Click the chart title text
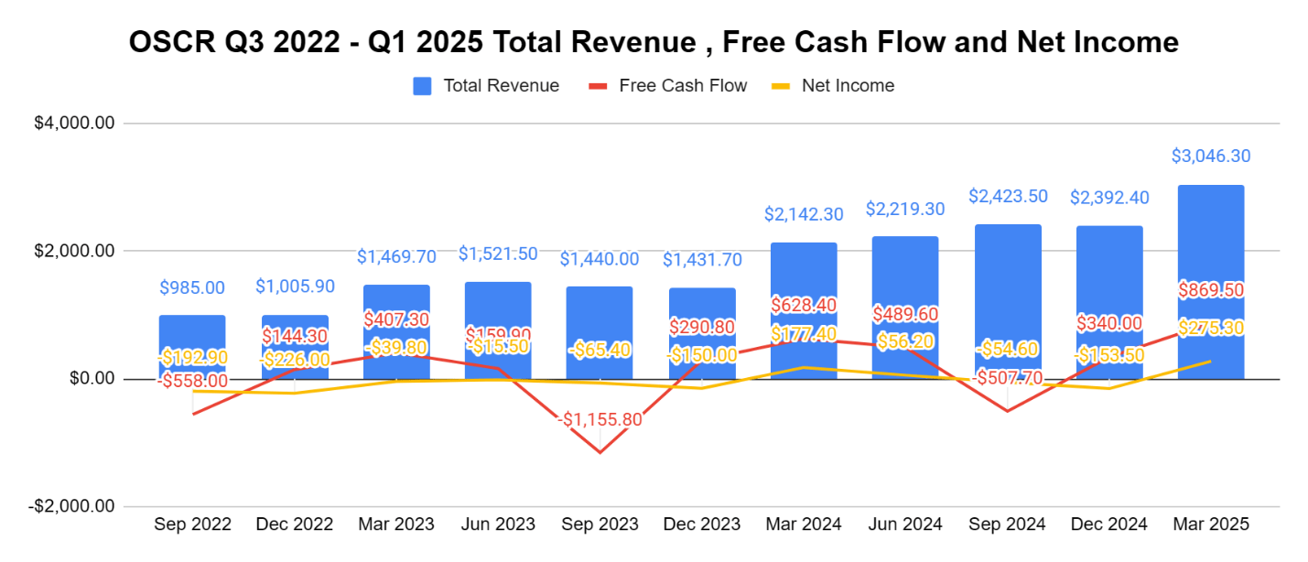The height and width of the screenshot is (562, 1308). tap(654, 42)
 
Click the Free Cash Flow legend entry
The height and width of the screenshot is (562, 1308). tap(682, 86)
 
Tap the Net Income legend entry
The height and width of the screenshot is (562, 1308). tap(847, 86)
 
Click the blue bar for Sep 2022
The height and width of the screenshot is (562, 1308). tap(192, 347)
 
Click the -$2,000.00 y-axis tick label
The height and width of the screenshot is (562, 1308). tap(75, 506)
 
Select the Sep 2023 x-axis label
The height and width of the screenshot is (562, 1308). tap(600, 524)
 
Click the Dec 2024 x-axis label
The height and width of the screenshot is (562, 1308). tap(1108, 524)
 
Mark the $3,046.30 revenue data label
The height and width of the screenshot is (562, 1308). tap(1210, 157)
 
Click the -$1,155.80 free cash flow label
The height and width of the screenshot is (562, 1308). tap(600, 421)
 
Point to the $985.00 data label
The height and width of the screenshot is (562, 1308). tap(192, 287)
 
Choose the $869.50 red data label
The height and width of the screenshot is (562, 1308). tap(1210, 290)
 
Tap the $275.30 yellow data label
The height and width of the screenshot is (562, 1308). tap(1210, 328)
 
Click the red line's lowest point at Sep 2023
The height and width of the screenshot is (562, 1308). tap(600, 452)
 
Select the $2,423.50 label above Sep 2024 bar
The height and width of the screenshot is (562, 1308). tap(1007, 196)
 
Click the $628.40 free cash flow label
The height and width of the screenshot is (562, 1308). tap(804, 304)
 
